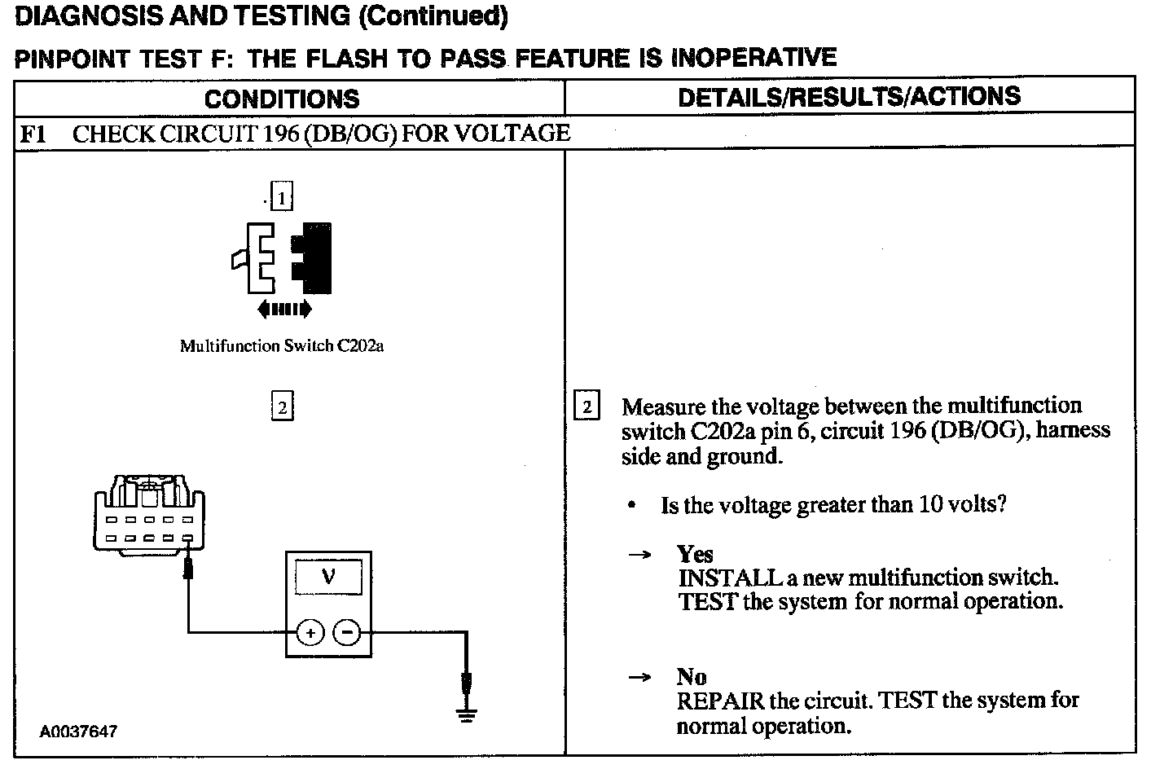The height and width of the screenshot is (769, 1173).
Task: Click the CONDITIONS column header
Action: [x=282, y=99]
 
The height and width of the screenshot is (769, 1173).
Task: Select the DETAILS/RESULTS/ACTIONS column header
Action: [x=849, y=96]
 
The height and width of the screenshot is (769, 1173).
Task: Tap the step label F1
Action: [x=33, y=134]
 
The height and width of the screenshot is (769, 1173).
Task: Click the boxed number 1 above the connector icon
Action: [x=281, y=198]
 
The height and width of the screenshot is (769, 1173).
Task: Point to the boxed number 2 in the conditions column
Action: [x=282, y=406]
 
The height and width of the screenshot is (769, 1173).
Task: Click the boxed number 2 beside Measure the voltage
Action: [x=586, y=406]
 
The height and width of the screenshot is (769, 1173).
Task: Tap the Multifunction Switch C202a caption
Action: [x=282, y=346]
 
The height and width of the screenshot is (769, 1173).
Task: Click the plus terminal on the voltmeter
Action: [x=310, y=631]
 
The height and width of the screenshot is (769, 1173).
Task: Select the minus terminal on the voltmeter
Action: [x=348, y=631]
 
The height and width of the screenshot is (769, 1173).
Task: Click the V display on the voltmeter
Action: [x=328, y=578]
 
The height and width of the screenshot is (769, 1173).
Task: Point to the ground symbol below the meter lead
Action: [x=467, y=715]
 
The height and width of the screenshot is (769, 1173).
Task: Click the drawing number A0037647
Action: [x=78, y=732]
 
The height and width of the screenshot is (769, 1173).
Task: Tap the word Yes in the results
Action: [x=695, y=554]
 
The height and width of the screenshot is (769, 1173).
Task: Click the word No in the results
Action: [x=692, y=677]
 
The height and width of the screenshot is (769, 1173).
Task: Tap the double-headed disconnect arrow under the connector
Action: [x=283, y=309]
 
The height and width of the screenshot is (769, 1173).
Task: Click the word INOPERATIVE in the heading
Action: [x=753, y=57]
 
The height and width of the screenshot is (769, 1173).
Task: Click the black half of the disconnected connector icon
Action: [x=316, y=257]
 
